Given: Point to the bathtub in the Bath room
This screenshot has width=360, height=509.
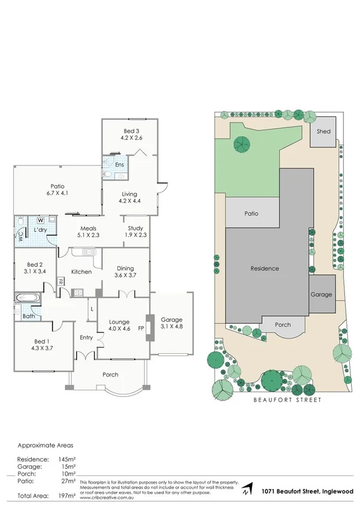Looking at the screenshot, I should (x=28, y=298).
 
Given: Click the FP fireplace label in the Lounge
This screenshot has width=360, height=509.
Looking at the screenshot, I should (x=141, y=328).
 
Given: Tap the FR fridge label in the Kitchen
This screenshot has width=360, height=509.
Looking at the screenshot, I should (x=61, y=281).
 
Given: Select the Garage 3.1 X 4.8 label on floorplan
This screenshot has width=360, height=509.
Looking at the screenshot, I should (x=171, y=324).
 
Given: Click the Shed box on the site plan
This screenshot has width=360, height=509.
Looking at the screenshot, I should (x=323, y=132).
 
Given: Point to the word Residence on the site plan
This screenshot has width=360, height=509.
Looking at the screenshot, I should (x=264, y=268).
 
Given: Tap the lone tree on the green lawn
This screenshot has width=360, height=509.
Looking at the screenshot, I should (x=241, y=144).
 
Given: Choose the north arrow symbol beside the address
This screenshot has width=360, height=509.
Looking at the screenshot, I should (x=247, y=490).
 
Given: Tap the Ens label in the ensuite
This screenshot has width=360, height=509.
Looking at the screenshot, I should (x=120, y=164).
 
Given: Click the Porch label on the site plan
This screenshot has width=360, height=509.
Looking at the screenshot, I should (x=282, y=325).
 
